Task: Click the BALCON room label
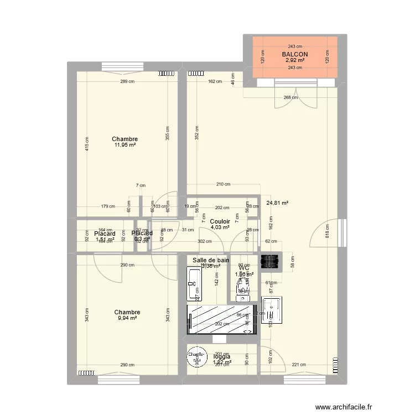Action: point(294,54)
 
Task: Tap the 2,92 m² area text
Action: point(294,60)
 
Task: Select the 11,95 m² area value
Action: point(124,145)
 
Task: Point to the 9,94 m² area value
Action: point(128,318)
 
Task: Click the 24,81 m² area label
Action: point(278,203)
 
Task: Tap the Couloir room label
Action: point(220,221)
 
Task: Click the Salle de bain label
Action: point(211,260)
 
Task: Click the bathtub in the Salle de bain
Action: point(194,283)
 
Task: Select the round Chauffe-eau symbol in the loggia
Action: point(195,359)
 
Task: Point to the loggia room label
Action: point(222,356)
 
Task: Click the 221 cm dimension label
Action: point(299,364)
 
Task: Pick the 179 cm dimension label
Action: point(108,207)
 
